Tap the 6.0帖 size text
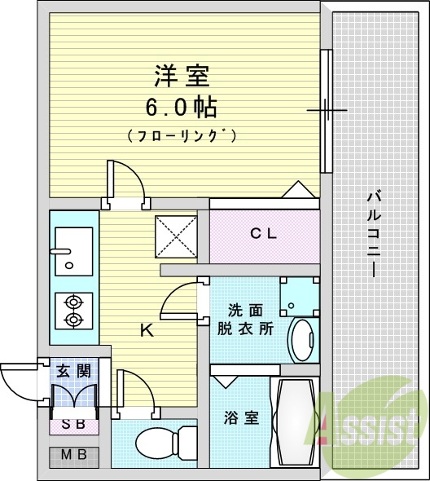pyautogui.click(x=181, y=107)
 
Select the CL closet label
pyautogui.click(x=263, y=234)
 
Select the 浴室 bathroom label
pyautogui.click(x=241, y=418)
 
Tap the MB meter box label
pyautogui.click(x=74, y=456)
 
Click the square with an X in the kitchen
pyautogui.click(x=175, y=237)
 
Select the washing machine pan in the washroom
pyautogui.click(x=300, y=296)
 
